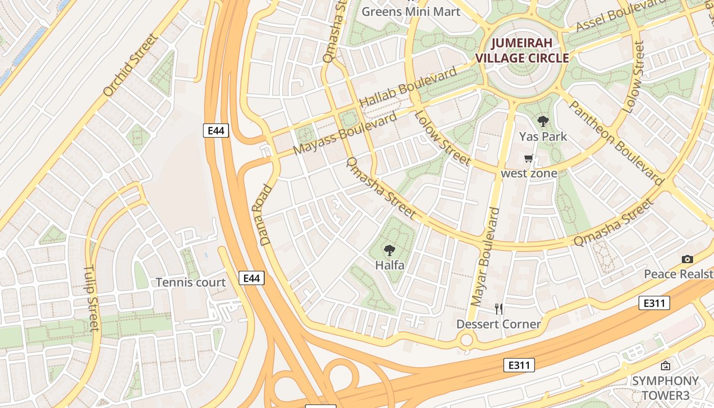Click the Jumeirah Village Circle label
click(x=522, y=50)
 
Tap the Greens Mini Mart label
click(x=411, y=11)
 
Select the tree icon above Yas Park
click(x=543, y=121)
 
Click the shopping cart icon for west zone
click(x=529, y=159)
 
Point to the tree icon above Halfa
click(x=390, y=250)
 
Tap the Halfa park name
click(x=390, y=265)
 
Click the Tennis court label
click(x=191, y=283)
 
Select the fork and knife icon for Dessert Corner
click(x=499, y=309)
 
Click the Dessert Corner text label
click(x=498, y=324)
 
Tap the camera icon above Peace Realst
click(x=687, y=259)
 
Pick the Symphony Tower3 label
click(x=665, y=388)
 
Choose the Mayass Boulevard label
click(x=345, y=134)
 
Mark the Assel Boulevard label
click(x=621, y=15)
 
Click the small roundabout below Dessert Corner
click(x=466, y=339)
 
